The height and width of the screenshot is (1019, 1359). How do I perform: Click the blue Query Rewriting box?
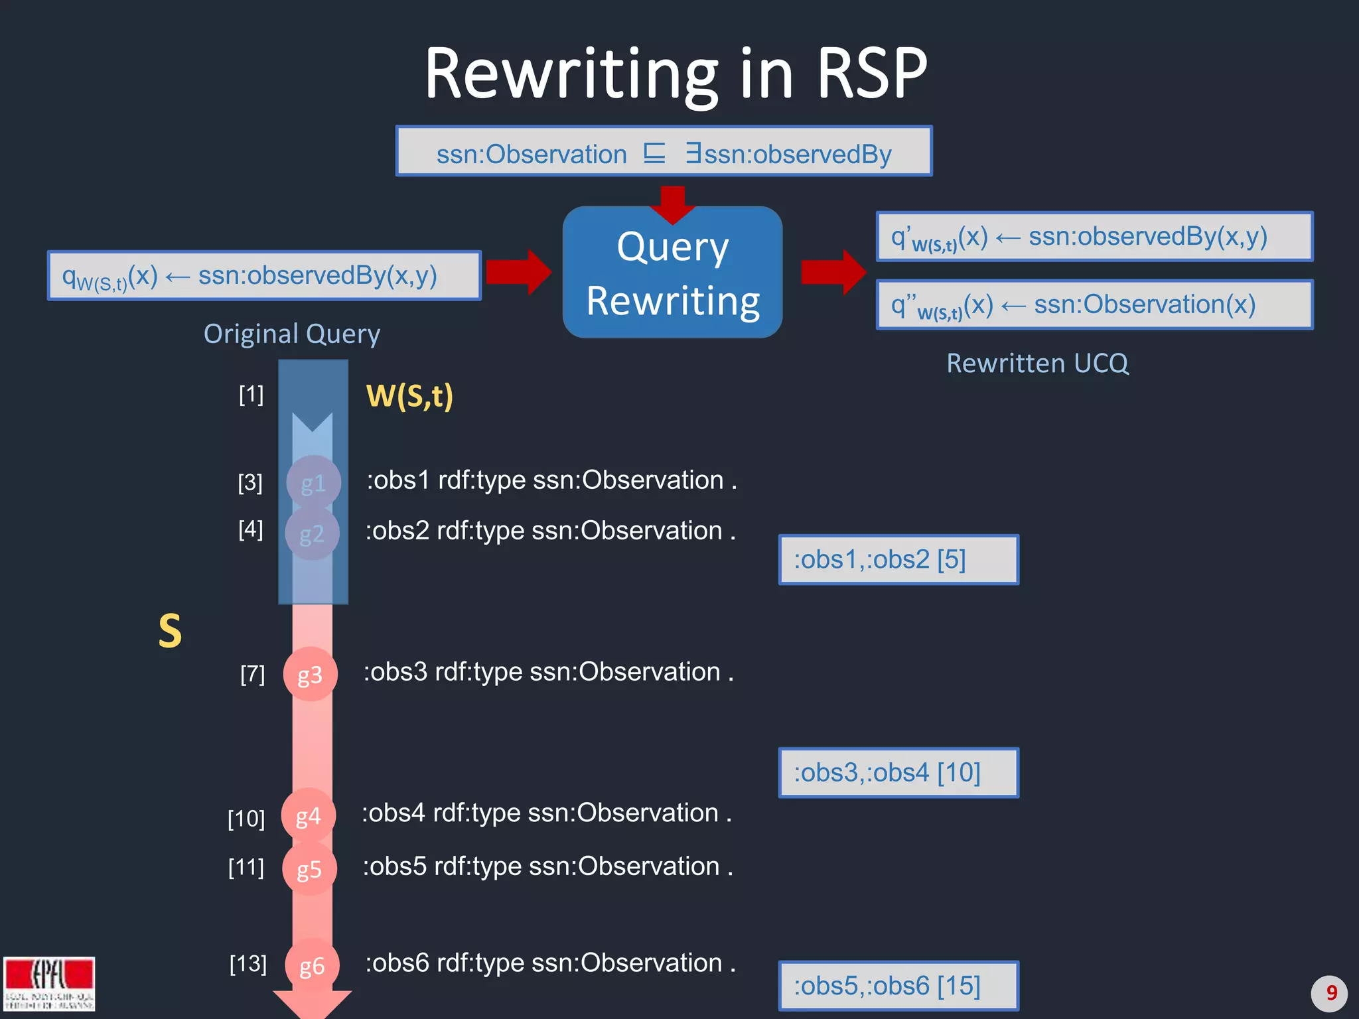[x=672, y=273]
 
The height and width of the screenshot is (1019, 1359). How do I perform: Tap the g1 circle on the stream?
[x=313, y=482]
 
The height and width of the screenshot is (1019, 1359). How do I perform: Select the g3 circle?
[x=310, y=674]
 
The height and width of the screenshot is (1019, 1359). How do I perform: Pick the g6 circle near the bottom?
[x=311, y=965]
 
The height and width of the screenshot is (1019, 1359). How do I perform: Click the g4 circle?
[x=308, y=815]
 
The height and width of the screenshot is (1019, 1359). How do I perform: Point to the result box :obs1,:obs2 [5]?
[x=898, y=560]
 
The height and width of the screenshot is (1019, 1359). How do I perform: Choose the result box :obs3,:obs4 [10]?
[x=898, y=773]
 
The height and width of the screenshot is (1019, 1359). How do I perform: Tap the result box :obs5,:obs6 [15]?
[x=898, y=986]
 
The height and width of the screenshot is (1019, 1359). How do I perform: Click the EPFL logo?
[x=49, y=983]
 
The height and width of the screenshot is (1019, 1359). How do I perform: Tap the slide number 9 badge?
[x=1329, y=993]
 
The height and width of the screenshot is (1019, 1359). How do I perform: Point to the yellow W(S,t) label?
[x=409, y=396]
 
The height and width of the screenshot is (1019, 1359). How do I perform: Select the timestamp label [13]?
[x=248, y=963]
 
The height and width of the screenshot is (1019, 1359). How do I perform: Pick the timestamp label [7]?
[x=252, y=674]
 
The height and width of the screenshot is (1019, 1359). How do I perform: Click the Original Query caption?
[x=292, y=334]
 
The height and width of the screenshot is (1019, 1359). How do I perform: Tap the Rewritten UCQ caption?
[x=1037, y=364]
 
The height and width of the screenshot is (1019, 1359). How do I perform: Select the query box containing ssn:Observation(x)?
[x=1094, y=305]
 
